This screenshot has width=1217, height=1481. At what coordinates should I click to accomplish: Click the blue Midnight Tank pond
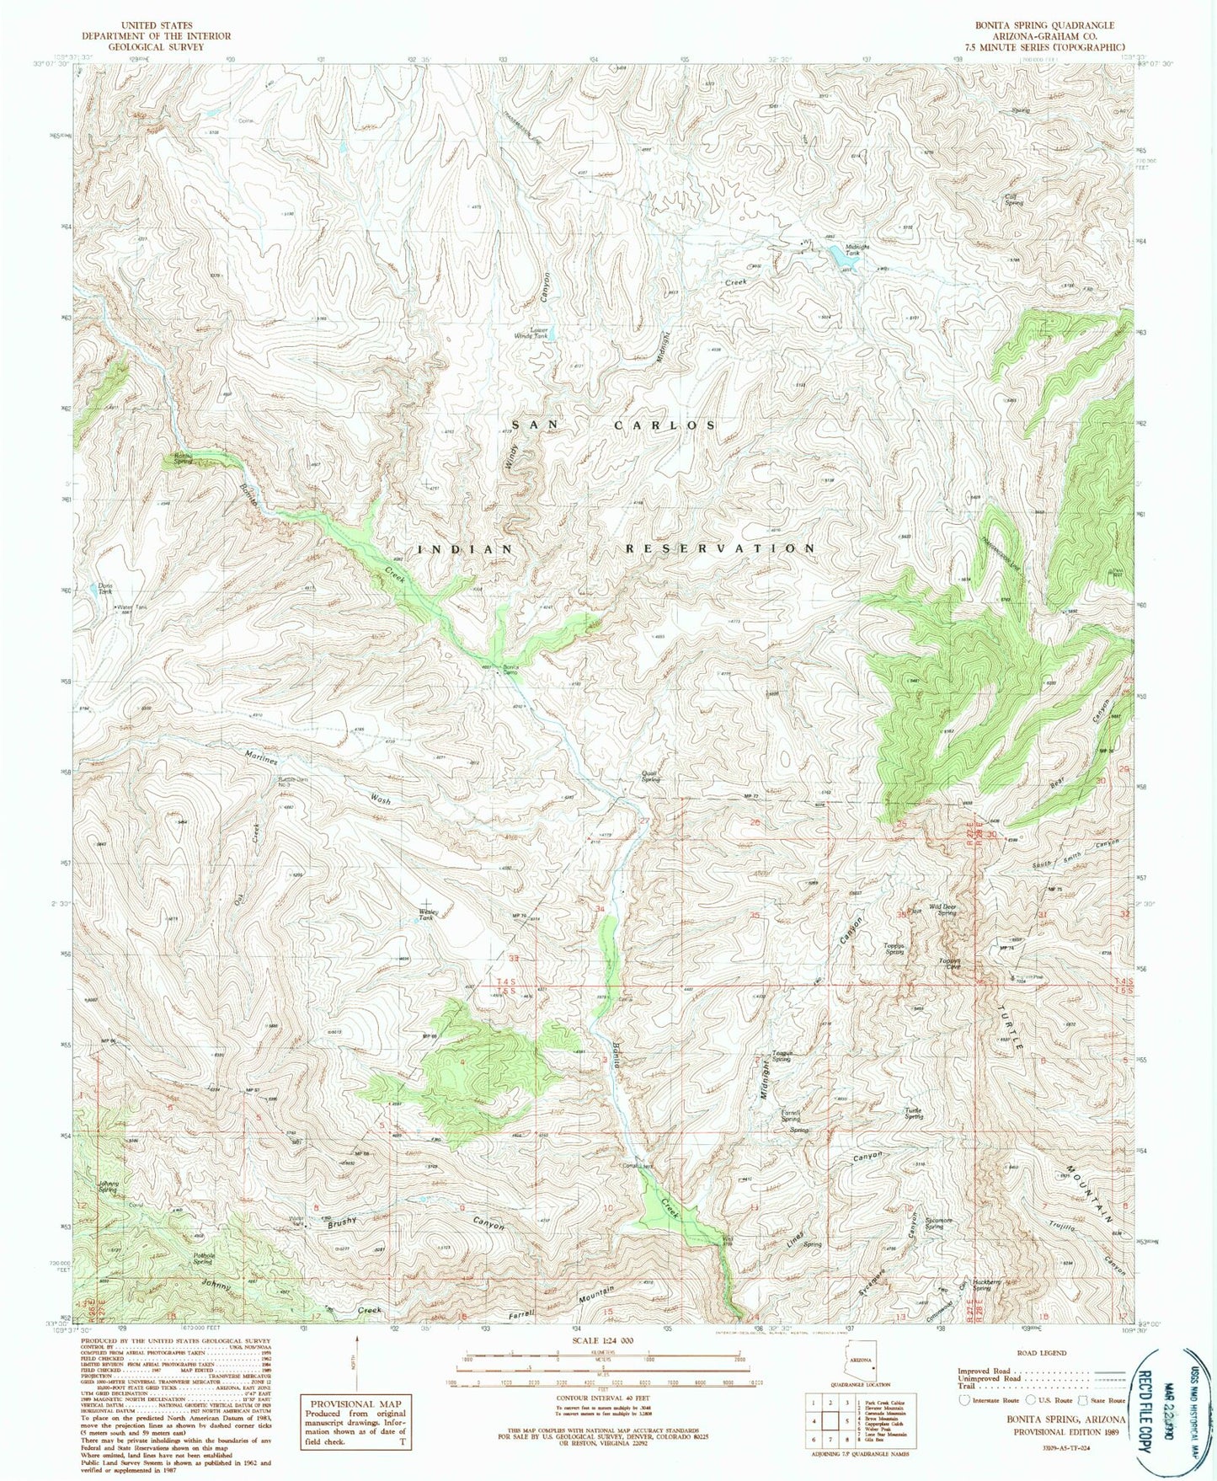[846, 262]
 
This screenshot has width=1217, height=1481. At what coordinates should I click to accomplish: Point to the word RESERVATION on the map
[720, 548]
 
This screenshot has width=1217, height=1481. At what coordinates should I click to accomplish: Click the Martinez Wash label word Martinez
[260, 757]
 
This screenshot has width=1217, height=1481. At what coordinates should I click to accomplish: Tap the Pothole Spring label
[202, 1259]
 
